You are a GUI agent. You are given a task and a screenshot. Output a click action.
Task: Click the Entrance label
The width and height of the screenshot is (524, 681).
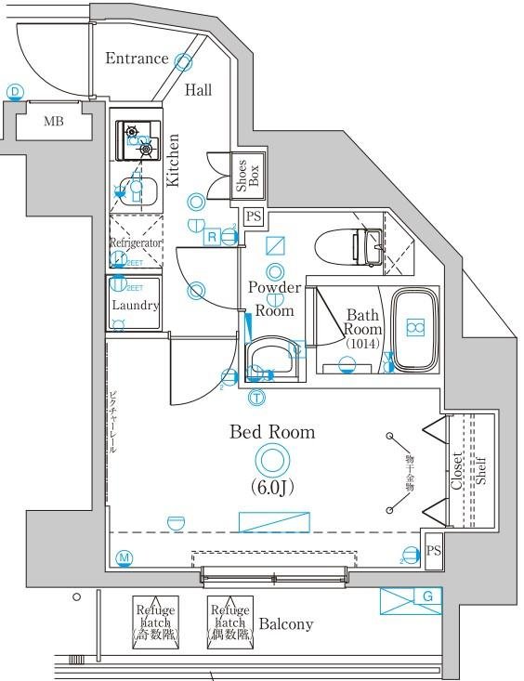click(x=137, y=59)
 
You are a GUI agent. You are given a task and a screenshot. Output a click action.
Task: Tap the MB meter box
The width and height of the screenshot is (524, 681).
click(x=54, y=121)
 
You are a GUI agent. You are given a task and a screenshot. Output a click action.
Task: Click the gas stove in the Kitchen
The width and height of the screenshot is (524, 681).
click(x=137, y=140)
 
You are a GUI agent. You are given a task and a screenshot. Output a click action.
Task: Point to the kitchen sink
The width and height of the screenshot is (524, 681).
click(x=137, y=191)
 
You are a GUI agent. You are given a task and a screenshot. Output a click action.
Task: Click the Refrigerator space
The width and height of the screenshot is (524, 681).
click(x=136, y=242)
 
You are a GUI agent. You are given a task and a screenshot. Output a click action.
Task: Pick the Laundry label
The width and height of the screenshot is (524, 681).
click(x=136, y=305)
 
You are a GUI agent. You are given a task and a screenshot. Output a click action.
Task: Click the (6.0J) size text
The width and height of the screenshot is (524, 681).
click(x=271, y=487)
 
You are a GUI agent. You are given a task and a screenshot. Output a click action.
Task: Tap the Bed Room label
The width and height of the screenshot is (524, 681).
click(x=272, y=432)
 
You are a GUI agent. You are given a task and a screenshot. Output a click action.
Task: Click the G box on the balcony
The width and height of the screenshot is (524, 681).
click(x=426, y=596)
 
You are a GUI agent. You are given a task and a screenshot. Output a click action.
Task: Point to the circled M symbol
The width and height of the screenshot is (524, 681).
click(x=124, y=557)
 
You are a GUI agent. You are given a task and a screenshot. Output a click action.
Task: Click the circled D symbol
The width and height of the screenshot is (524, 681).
click(x=15, y=91)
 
